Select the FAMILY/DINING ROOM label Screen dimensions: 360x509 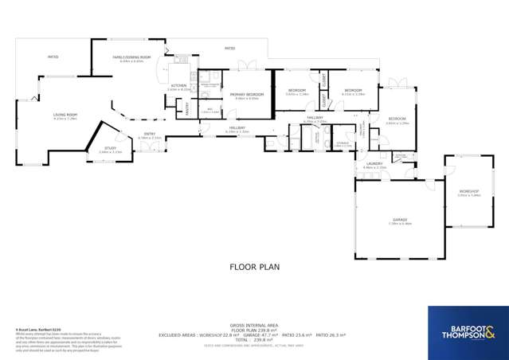pos(127,58)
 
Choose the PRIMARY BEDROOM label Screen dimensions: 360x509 pos(247,95)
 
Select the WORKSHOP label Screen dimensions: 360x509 pos(468,192)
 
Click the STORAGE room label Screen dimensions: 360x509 pos(343,143)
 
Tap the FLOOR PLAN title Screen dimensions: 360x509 pos(254,268)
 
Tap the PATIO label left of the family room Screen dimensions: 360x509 pos(53,57)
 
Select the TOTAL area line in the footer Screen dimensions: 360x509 pos(254,338)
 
